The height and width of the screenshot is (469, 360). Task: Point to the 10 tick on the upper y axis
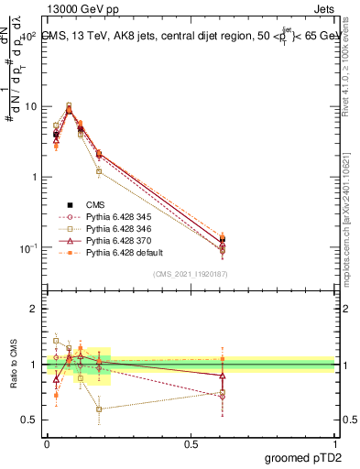tap(30, 106)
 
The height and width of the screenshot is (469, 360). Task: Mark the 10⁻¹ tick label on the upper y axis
tap(28, 248)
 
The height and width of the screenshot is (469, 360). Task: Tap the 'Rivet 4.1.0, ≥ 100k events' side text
tap(351, 73)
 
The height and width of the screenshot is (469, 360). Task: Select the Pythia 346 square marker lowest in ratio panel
tap(99, 409)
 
